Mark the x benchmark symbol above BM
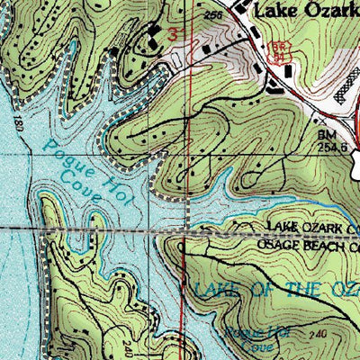(318, 117)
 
